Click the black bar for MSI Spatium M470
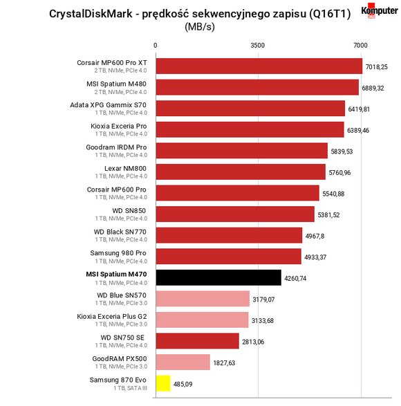[218, 277]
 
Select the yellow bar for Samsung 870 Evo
[163, 383]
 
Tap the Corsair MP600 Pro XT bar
[259, 66]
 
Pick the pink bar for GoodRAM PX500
[183, 362]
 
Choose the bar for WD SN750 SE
[198, 341]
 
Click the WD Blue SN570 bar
[203, 299]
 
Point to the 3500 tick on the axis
[258, 46]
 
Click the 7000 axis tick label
[360, 46]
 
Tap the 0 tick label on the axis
[155, 46]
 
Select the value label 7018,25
[376, 67]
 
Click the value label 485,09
[183, 384]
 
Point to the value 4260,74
[295, 278]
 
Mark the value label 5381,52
[328, 215]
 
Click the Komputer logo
[380, 11]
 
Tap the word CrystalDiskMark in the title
[91, 14]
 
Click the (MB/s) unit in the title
[200, 27]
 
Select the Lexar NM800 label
[125, 168]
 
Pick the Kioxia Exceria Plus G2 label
[112, 316]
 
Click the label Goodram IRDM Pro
[116, 147]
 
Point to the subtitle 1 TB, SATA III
[130, 388]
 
